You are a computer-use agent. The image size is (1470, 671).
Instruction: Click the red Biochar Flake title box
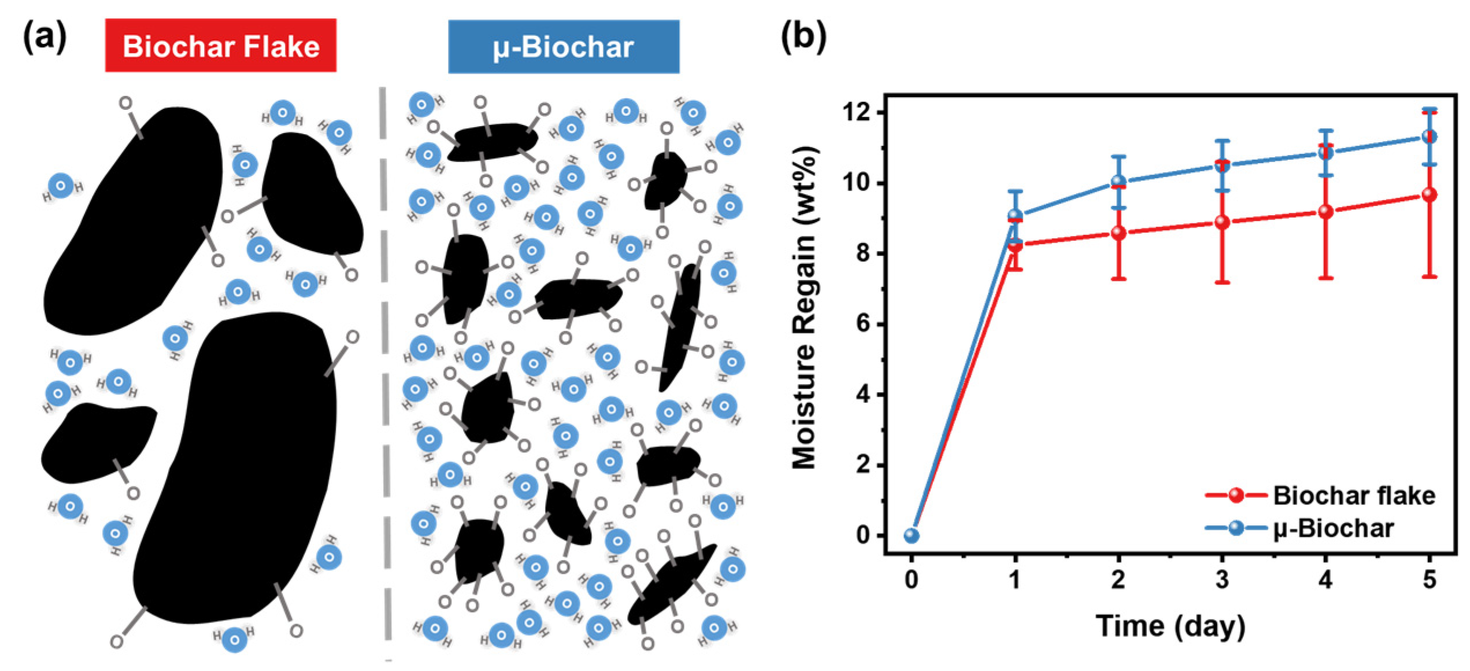tap(220, 46)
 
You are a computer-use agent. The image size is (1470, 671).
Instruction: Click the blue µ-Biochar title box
tap(563, 47)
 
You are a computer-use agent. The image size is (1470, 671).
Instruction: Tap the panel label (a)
tap(45, 38)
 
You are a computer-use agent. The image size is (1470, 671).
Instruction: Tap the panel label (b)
tap(803, 38)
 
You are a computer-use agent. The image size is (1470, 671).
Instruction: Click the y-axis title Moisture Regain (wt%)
tap(804, 307)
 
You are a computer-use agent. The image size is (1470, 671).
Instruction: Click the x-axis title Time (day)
tap(1170, 626)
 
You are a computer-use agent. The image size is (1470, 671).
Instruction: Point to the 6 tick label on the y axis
tap(862, 324)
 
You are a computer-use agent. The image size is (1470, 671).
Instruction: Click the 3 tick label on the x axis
tap(1221, 579)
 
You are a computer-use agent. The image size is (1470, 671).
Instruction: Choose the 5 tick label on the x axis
tap(1429, 579)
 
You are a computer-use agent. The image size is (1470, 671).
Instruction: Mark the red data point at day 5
tap(1429, 194)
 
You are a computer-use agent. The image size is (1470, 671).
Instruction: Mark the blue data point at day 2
tap(1119, 182)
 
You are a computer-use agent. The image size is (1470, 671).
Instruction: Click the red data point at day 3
tap(1222, 222)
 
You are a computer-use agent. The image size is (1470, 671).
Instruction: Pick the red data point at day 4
tap(1325, 212)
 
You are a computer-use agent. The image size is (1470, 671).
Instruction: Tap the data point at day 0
tap(911, 536)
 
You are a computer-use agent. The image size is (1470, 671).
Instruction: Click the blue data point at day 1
tap(1015, 216)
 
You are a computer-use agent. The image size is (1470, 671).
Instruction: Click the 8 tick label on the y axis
tap(862, 253)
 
